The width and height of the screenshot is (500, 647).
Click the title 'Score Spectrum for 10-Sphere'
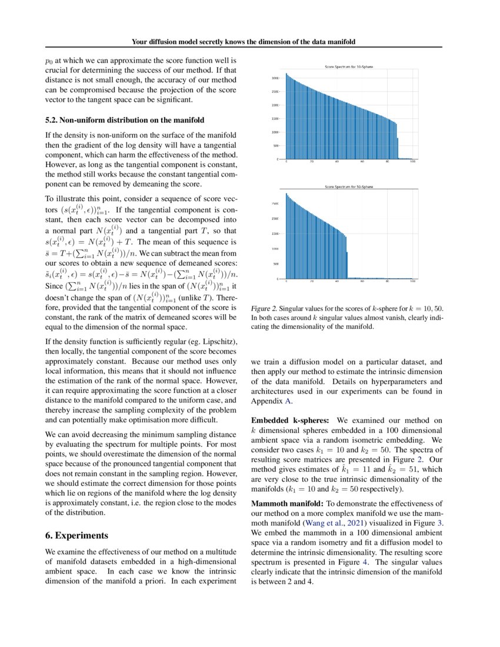click(349, 67)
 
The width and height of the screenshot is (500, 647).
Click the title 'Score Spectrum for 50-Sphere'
click(349, 186)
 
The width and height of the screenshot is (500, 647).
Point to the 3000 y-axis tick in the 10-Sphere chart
click(275, 78)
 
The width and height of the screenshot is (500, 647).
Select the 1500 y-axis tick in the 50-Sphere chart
click(275, 234)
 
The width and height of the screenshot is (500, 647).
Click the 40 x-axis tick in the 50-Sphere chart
click(337, 282)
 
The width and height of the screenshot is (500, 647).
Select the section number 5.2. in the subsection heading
click(54, 120)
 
